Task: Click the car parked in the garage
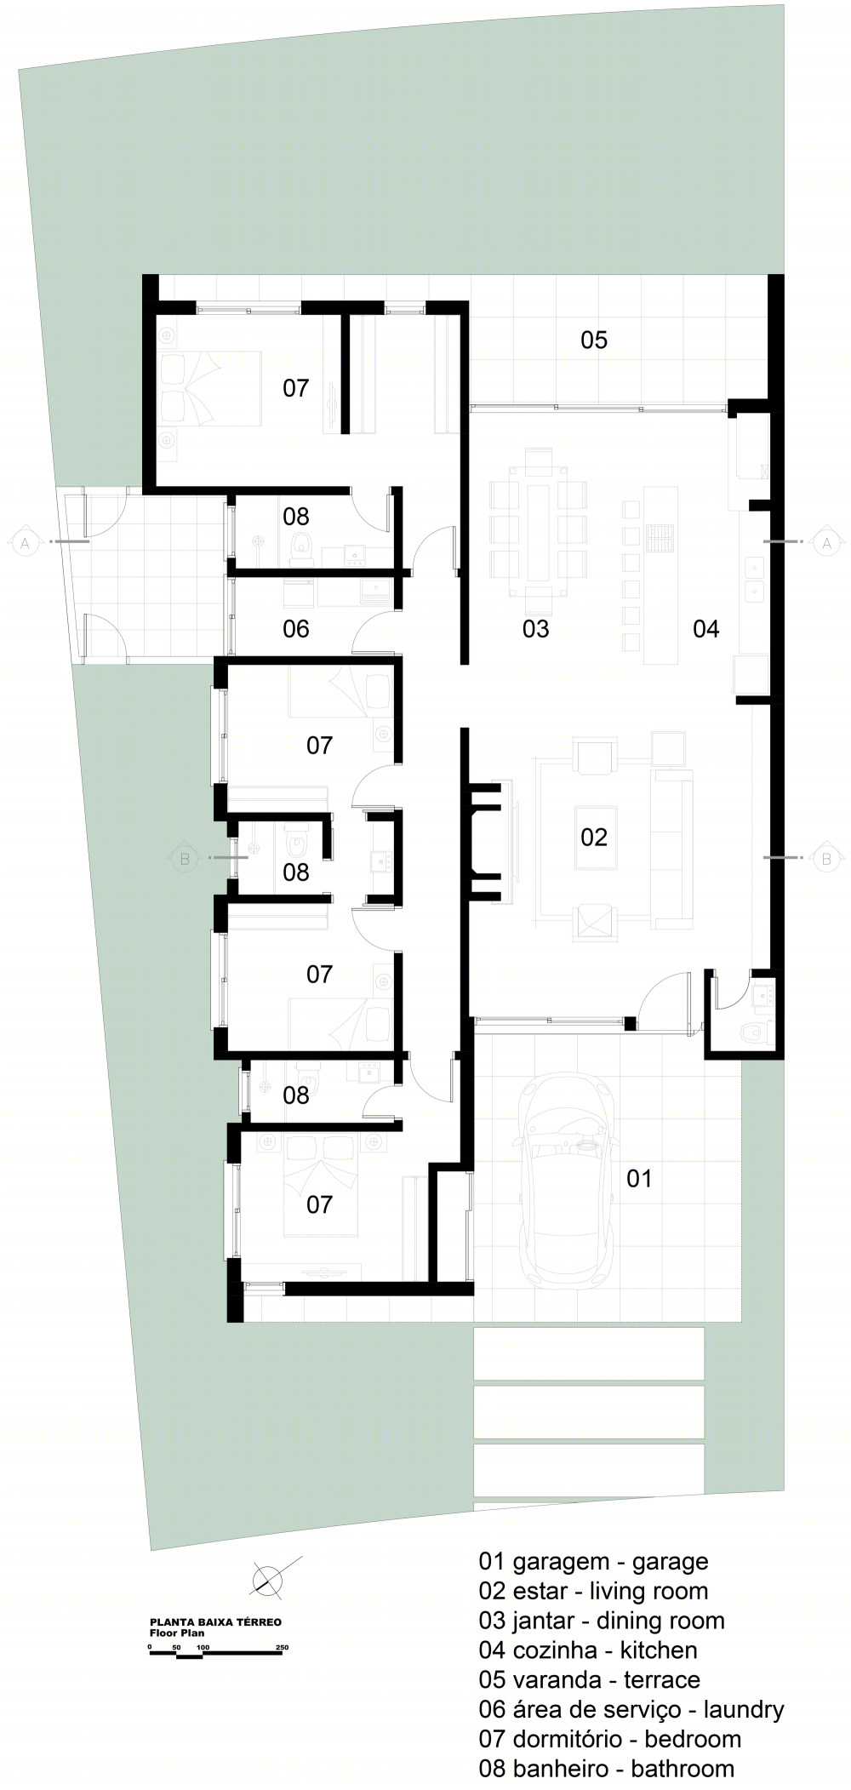568,1187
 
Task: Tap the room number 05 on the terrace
594,340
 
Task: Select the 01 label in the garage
639,1178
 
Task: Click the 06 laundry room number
296,629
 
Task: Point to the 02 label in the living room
594,837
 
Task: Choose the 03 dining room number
536,629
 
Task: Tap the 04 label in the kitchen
706,629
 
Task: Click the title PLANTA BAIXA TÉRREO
215,1622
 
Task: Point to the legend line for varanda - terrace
590,1680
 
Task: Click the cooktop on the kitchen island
660,538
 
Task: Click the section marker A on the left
24,541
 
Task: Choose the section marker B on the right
825,858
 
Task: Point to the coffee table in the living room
594,838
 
